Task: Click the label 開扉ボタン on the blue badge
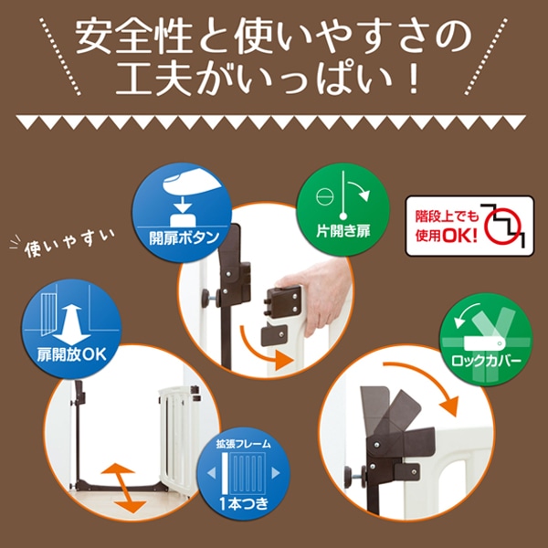click(184, 238)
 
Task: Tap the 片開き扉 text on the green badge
click(342, 231)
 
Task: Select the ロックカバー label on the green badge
click(486, 361)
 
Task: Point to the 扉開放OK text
click(71, 355)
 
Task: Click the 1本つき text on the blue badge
click(244, 503)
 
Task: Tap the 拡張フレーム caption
click(244, 444)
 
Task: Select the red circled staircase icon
click(503, 227)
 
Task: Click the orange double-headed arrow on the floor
click(123, 488)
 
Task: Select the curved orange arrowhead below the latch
click(284, 361)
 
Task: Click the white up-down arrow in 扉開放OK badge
click(71, 324)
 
